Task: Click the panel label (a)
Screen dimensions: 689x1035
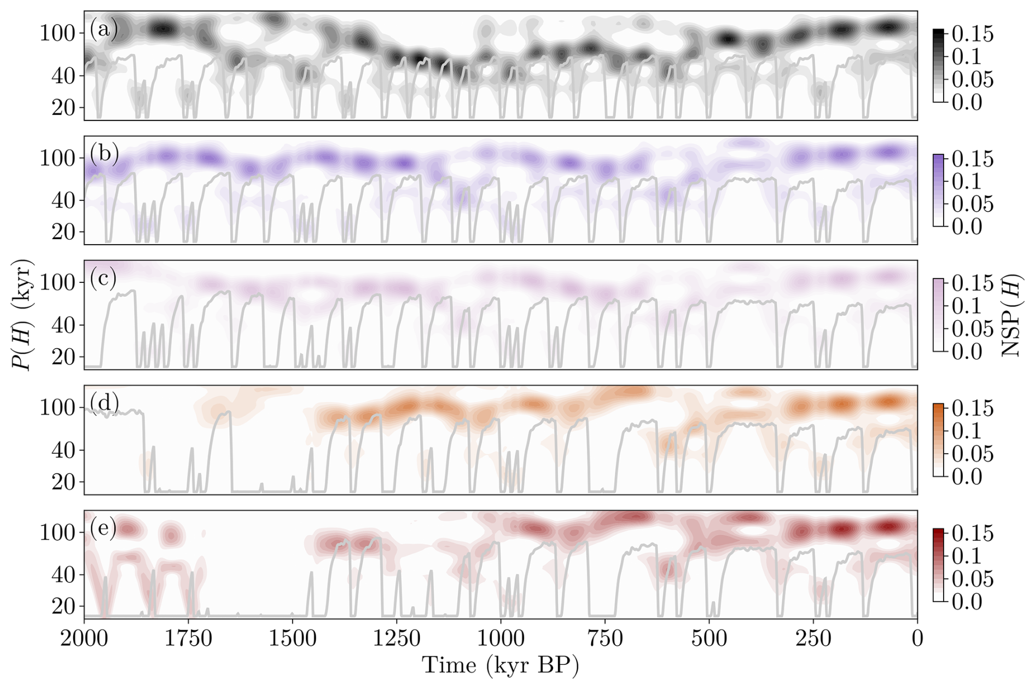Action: [104, 29]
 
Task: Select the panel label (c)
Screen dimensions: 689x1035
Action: [104, 279]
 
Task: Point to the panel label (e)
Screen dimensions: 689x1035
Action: [104, 528]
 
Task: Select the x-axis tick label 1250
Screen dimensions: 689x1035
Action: [397, 639]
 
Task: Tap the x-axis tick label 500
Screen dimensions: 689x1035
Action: [709, 639]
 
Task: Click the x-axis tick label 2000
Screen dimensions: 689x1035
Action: [84, 639]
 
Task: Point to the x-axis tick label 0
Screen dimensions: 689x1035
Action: [917, 639]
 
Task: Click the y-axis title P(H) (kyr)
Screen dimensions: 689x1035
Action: [23, 315]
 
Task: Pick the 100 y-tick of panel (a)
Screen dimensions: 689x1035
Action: [57, 33]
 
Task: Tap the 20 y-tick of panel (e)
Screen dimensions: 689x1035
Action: [64, 606]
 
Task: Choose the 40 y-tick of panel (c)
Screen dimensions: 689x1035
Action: [64, 326]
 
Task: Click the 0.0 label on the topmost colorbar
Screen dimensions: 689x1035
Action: [967, 102]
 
